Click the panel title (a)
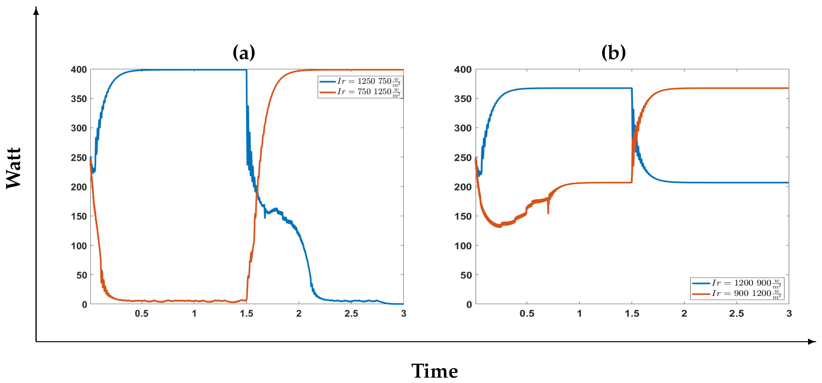click(244, 53)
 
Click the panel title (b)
click(613, 53)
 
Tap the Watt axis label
click(14, 168)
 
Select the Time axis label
click(434, 371)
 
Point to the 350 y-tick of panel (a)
click(79, 99)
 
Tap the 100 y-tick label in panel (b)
click(463, 246)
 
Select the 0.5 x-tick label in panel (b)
click(527, 314)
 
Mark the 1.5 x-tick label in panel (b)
click(632, 314)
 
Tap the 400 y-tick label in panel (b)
click(463, 69)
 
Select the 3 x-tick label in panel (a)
click(404, 314)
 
